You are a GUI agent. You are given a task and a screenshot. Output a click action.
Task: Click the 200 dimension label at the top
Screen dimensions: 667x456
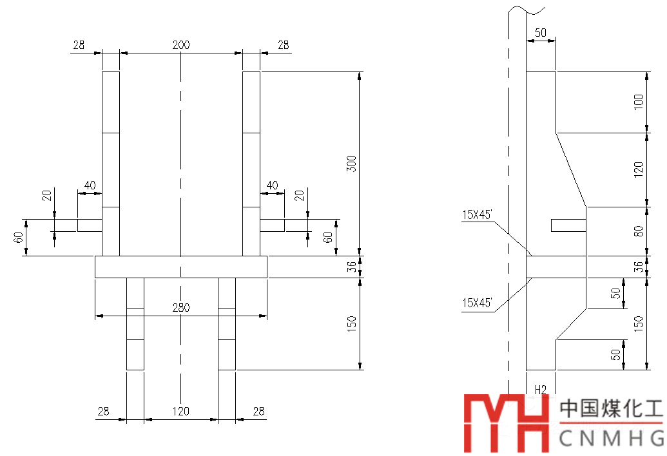(x=181, y=45)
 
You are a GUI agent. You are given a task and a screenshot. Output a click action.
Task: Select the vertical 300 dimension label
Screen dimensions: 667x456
(x=351, y=164)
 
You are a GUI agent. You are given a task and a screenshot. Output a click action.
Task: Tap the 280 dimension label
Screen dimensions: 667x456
(x=181, y=308)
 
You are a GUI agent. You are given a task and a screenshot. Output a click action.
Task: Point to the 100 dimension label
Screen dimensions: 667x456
(x=638, y=102)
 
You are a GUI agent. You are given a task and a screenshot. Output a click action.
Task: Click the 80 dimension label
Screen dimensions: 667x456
(x=638, y=231)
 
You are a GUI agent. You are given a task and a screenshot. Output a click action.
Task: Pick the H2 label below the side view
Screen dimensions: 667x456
(x=541, y=389)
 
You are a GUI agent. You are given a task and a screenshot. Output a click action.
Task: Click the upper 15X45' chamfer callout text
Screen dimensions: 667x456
(x=477, y=215)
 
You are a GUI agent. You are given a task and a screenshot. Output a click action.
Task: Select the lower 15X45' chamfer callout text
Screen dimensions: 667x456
(x=477, y=303)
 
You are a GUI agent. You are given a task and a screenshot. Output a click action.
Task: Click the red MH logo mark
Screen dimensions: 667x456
(x=506, y=423)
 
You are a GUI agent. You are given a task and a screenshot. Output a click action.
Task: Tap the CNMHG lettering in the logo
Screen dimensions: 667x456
(x=612, y=438)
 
